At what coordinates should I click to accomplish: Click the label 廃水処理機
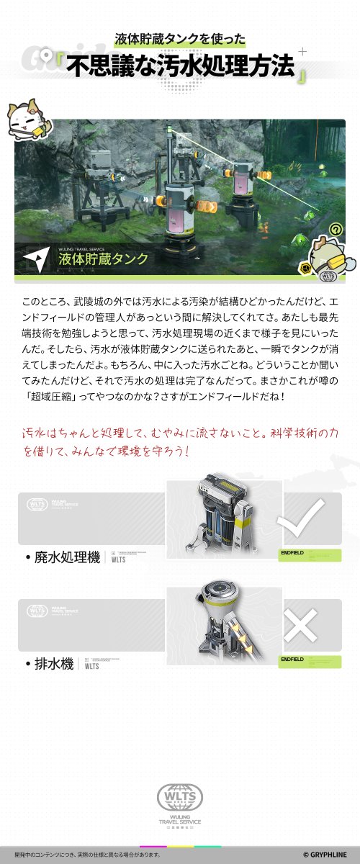tap(66, 557)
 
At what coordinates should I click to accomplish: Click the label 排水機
tap(54, 664)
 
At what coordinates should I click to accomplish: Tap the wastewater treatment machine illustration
tap(223, 518)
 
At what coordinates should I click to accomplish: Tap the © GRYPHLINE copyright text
tap(326, 855)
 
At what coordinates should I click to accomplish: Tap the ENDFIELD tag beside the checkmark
tap(292, 552)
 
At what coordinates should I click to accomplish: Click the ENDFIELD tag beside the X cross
tap(292, 659)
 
